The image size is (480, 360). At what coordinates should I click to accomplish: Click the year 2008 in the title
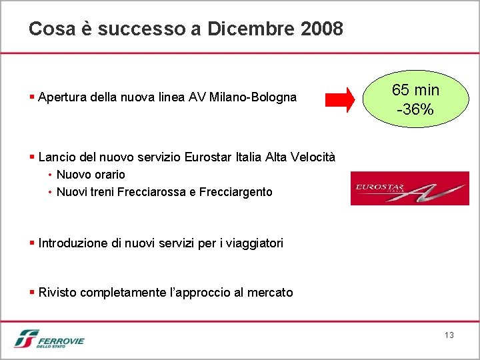click(x=322, y=29)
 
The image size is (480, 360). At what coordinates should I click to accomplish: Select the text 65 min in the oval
click(x=415, y=90)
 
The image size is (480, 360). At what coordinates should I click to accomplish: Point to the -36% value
click(x=415, y=109)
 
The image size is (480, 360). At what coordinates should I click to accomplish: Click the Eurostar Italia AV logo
click(x=409, y=188)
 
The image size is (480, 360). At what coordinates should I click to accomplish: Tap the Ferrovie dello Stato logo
click(x=49, y=339)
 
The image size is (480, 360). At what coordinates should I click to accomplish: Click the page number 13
click(x=449, y=335)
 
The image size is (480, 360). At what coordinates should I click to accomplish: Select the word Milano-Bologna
click(x=253, y=97)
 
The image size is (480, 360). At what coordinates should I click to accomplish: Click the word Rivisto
click(x=57, y=293)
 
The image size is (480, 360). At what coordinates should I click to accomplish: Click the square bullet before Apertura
click(x=32, y=97)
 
